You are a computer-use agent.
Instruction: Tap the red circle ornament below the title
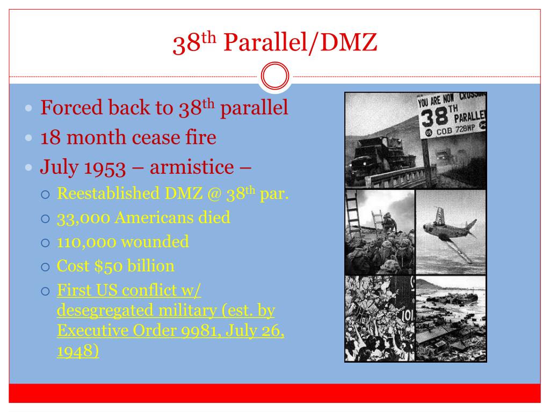click(274, 77)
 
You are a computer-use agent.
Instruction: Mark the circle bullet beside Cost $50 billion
click(46, 266)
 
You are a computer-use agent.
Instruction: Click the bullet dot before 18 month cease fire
click(30, 138)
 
